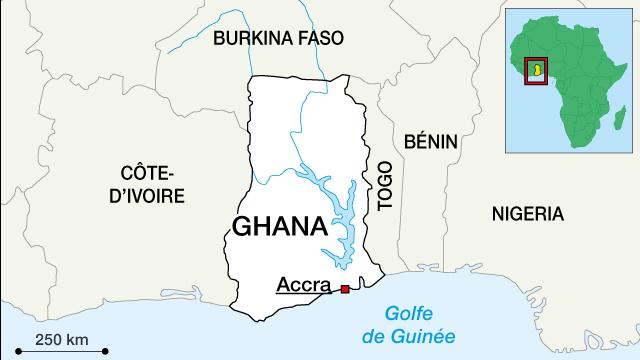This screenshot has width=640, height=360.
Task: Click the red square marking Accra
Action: click(x=345, y=289)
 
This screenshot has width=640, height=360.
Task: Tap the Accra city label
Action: click(x=302, y=284)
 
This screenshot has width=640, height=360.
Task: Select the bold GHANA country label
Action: click(x=279, y=226)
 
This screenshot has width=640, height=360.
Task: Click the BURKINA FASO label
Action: click(x=278, y=39)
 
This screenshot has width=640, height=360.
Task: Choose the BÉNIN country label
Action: click(x=430, y=143)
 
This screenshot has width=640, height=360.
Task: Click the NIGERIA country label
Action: click(x=527, y=214)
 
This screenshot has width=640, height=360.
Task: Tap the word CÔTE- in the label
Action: click(x=146, y=171)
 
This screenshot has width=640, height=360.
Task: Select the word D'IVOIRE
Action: click(x=146, y=195)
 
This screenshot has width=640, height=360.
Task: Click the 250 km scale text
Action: click(x=59, y=336)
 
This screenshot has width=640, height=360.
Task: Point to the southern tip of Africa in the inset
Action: click(x=581, y=147)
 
